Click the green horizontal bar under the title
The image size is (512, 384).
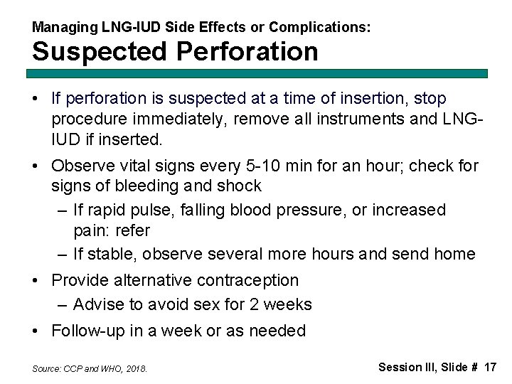[x=260, y=73]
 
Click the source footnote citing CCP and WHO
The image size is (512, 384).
[x=90, y=369]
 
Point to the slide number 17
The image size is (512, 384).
[x=489, y=367]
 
